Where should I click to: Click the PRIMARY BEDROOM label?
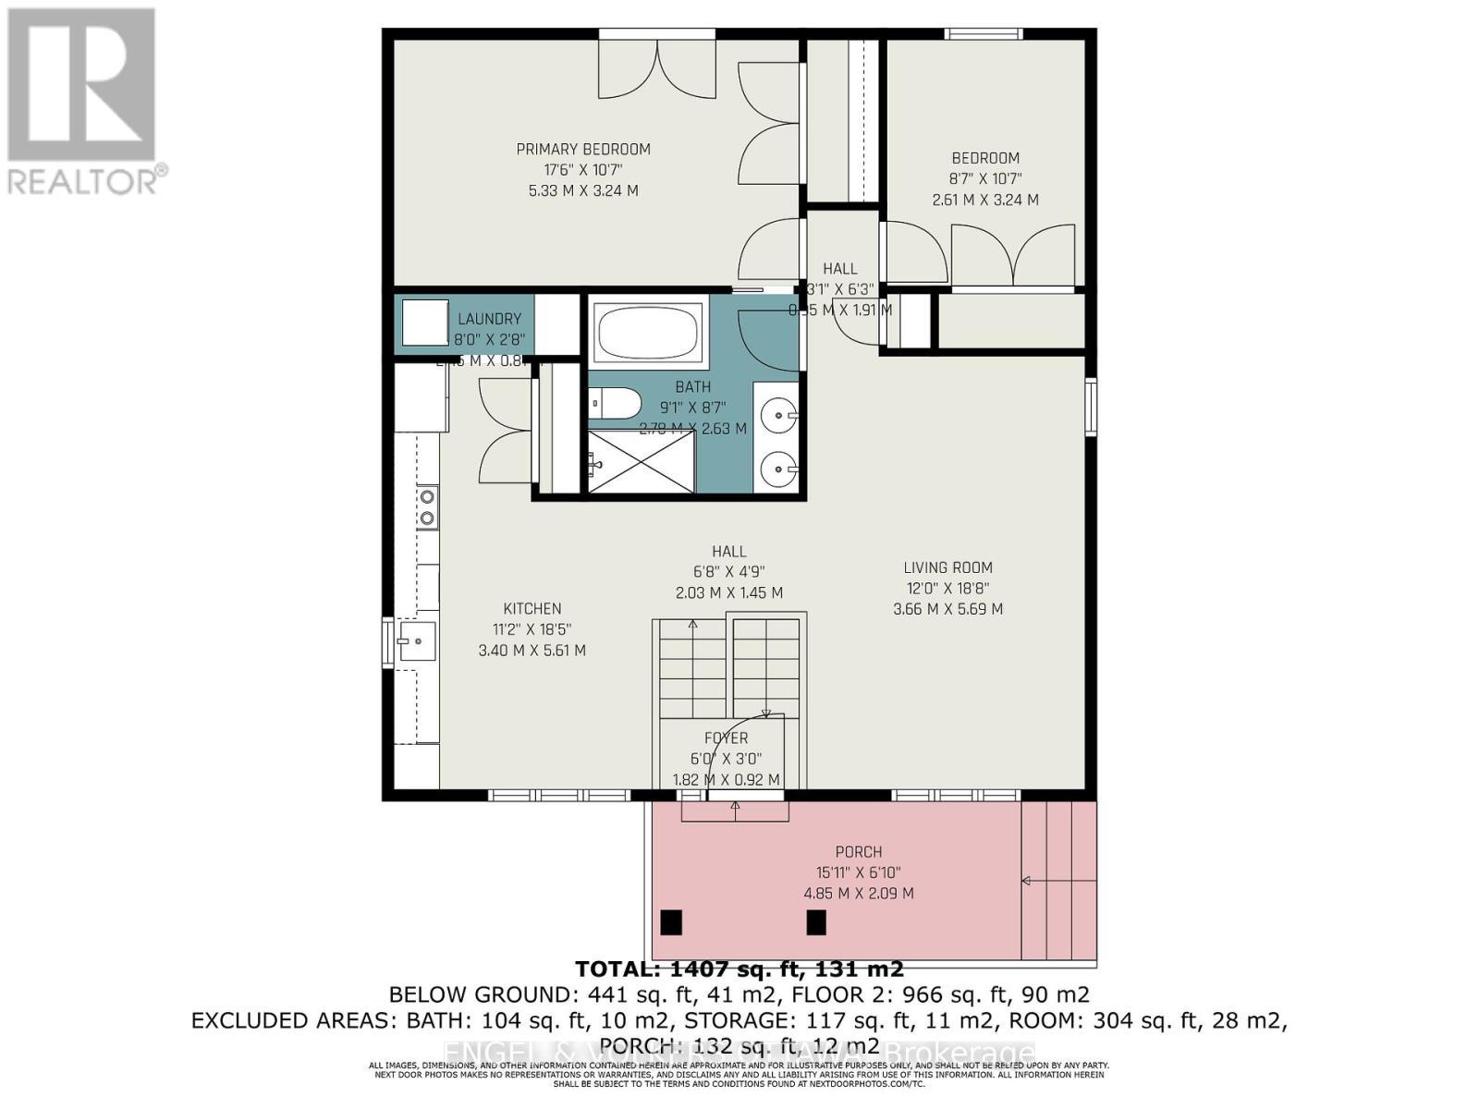(582, 149)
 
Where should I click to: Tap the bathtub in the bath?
(646, 331)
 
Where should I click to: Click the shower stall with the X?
(641, 462)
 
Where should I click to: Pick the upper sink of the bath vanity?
(778, 411)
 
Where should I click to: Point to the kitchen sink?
(417, 640)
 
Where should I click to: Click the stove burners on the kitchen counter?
(427, 508)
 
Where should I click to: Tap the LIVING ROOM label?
(947, 567)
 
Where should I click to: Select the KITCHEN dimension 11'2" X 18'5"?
(532, 629)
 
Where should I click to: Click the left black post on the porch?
(671, 922)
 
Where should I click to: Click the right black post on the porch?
(816, 922)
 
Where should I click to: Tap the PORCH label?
(858, 852)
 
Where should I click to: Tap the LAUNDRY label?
(489, 319)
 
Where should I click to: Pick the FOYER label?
(726, 737)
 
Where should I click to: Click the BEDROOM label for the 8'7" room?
(985, 158)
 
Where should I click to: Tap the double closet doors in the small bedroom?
(1012, 257)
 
